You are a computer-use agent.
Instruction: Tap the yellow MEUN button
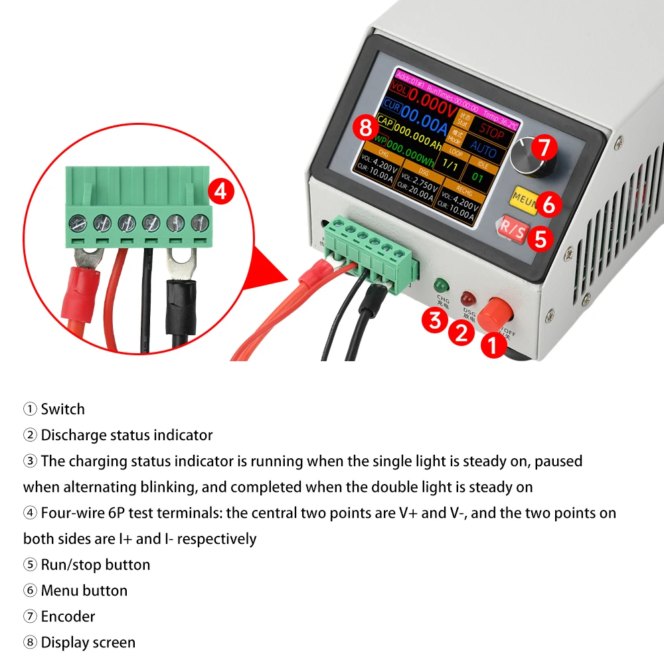point(524,197)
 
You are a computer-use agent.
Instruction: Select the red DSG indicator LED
point(469,297)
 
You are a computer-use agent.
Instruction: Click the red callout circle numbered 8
point(366,127)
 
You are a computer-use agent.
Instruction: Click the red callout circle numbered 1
point(493,345)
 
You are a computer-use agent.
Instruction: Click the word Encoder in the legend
point(68,616)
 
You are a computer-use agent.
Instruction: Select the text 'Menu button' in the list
point(84,590)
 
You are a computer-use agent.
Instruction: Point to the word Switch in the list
point(62,409)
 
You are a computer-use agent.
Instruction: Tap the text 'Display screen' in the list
point(88,642)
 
